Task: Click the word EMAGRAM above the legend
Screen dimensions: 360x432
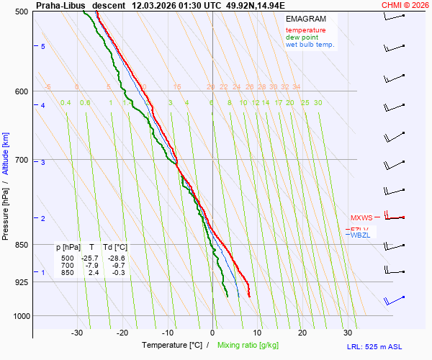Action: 305,19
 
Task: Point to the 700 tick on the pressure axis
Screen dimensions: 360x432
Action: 21,160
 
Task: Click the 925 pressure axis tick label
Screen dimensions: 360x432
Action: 21,282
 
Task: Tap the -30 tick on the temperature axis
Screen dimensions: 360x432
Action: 77,333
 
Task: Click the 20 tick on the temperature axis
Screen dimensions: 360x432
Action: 302,333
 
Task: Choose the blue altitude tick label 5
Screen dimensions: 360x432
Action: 43,46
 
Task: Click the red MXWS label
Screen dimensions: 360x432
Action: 361,217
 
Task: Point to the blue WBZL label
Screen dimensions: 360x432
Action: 360,235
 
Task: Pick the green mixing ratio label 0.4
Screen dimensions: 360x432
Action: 66,103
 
